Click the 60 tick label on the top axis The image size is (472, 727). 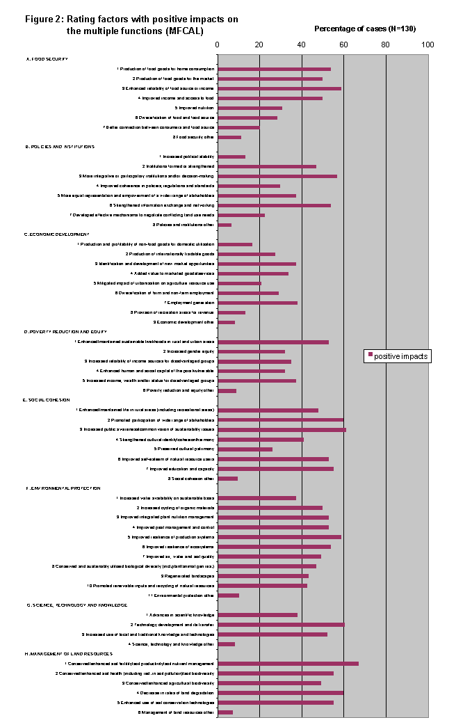[343, 45]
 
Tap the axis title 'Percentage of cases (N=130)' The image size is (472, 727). [365, 29]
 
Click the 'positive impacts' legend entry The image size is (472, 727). [397, 356]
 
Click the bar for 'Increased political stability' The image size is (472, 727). [231, 157]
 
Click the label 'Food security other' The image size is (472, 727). [193, 137]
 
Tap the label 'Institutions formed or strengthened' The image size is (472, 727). [179, 166]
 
